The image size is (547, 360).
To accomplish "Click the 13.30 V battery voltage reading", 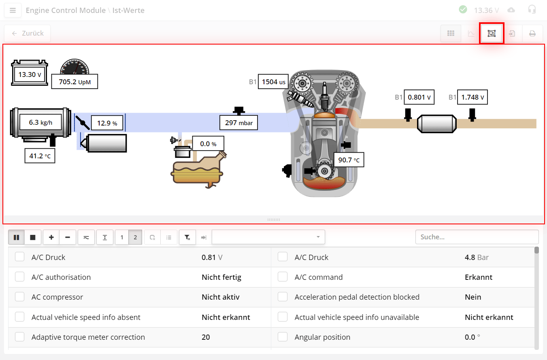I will pos(30,75).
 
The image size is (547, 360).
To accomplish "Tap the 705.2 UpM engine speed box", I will pos(74,82).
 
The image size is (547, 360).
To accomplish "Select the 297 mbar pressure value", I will pos(238,122).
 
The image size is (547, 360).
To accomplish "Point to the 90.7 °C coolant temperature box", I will pos(349,160).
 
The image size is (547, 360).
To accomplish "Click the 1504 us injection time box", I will pos(273,82).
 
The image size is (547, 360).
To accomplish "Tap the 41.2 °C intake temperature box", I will pos(40,156).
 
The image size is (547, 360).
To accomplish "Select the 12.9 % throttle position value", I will pos(107,123).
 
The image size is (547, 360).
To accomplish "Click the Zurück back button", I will pos(28,33).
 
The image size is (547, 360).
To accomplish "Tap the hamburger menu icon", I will pos(13,10).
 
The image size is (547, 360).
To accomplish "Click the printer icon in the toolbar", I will pos(532,34).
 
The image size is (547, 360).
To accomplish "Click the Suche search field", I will pos(477,237).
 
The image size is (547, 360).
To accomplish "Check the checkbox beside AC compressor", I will pos(20,297).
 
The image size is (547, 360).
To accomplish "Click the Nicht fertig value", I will pos(221,277).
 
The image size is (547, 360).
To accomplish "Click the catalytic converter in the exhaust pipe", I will pos(437,123).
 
